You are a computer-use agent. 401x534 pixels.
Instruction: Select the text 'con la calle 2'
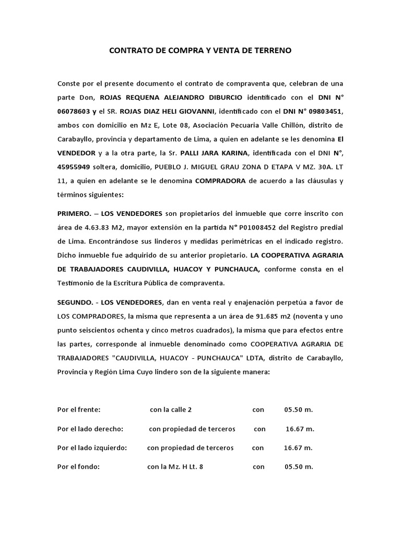click(174, 410)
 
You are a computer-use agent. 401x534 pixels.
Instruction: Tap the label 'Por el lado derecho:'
click(90, 429)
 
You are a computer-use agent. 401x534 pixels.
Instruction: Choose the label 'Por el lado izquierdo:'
click(92, 448)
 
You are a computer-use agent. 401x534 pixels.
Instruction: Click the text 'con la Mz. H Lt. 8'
click(175, 467)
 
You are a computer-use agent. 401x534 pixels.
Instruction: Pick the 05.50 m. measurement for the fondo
click(299, 467)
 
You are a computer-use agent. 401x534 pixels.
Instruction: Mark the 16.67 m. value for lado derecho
click(300, 429)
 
